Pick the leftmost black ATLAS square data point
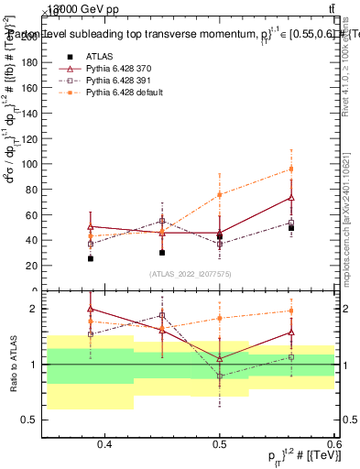[90, 258]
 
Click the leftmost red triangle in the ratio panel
[90, 309]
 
